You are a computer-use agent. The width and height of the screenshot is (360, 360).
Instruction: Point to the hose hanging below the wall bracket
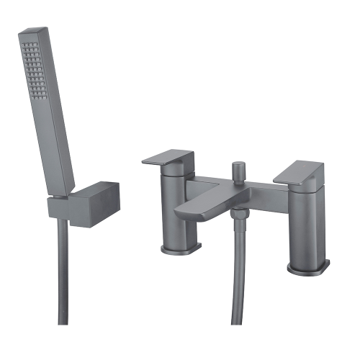61,288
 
